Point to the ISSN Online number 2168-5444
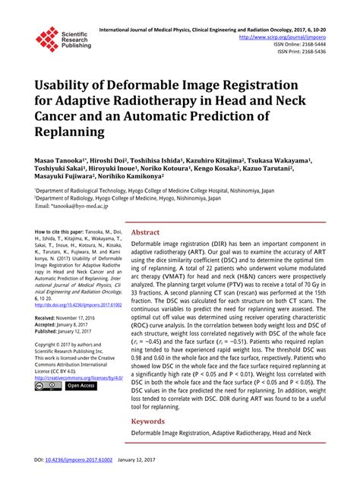311,44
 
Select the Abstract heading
145,232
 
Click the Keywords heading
148,420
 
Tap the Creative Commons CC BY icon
46,386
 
